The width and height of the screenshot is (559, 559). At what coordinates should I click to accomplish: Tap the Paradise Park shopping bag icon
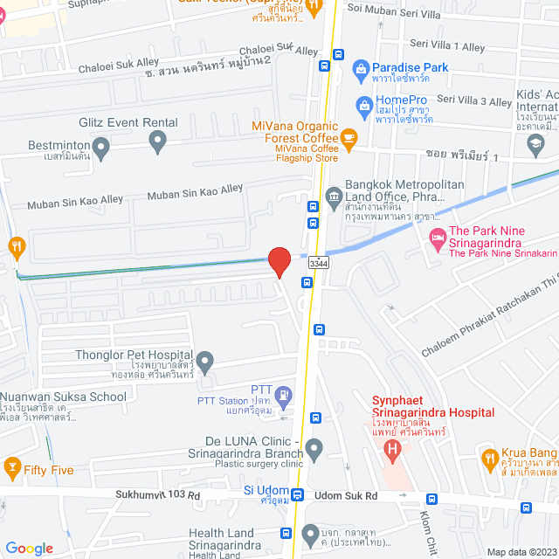coord(359,68)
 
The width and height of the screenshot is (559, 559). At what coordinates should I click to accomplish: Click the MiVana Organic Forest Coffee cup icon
coord(349,137)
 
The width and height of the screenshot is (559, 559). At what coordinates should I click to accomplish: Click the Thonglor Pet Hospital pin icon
coord(205,360)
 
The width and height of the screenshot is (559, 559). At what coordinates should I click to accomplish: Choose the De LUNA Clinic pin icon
coord(314,450)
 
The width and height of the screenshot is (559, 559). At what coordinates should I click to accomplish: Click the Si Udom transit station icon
coord(298,495)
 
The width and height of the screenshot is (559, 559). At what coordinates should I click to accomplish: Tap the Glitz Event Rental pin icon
coord(157,139)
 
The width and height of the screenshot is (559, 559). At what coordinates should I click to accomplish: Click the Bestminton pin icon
coord(101,148)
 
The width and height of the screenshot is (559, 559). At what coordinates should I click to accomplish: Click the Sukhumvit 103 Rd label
coord(157,494)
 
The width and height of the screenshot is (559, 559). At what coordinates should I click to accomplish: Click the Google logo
coord(30,548)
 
